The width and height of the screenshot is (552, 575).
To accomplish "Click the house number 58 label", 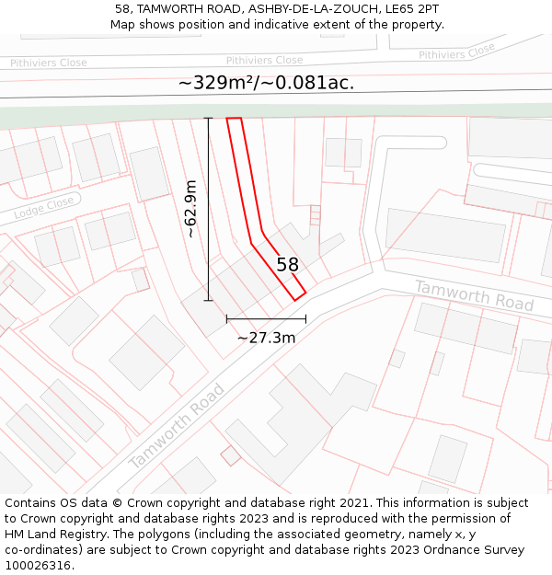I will tap(288, 265).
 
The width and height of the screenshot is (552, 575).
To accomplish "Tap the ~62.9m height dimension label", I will tap(190, 209).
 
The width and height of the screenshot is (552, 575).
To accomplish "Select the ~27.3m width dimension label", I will tap(266, 338).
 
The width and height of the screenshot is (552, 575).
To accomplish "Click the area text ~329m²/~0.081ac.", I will tap(266, 83).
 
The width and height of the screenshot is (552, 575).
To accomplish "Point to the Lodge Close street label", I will tap(43, 209).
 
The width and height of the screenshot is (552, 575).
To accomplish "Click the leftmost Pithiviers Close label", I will tap(49, 63).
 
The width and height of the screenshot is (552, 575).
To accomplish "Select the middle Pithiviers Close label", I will tap(264, 60).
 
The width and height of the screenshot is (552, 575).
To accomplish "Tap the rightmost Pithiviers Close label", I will tap(456, 52).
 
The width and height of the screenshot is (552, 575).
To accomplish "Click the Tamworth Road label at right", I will tap(474, 294).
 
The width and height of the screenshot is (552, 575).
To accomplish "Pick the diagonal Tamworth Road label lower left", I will tap(177, 426).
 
